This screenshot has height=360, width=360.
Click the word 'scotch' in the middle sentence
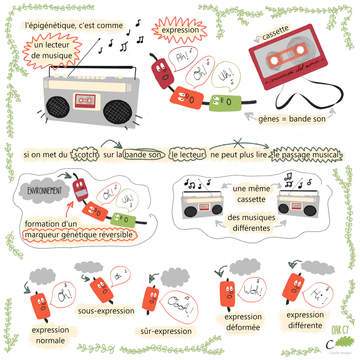click(x=85, y=155)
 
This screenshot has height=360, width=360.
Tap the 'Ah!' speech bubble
click(x=183, y=58)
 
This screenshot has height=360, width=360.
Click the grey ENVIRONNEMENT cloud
click(x=44, y=191)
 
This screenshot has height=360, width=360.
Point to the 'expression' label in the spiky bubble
click(x=180, y=30)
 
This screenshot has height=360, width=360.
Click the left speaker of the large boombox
click(x=58, y=107)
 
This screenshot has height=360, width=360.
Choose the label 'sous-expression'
click(x=106, y=311)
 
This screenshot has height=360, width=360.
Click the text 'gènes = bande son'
click(x=292, y=119)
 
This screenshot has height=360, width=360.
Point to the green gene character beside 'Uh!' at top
click(x=225, y=102)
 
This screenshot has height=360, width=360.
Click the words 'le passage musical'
click(x=306, y=155)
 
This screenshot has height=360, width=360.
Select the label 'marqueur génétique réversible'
click(x=79, y=235)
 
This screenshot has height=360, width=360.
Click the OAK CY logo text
click(x=340, y=330)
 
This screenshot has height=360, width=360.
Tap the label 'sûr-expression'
click(x=166, y=331)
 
